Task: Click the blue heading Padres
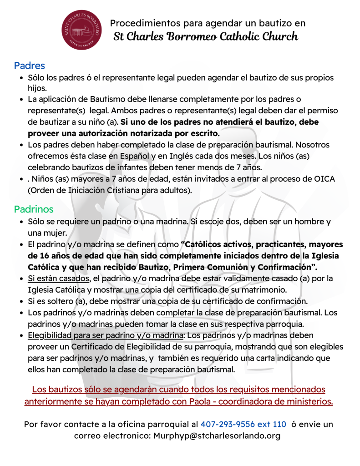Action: [x=30, y=66]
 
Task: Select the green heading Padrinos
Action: [x=34, y=209]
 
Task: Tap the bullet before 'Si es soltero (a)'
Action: [x=22, y=301]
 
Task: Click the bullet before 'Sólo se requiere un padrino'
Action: [x=22, y=222]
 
